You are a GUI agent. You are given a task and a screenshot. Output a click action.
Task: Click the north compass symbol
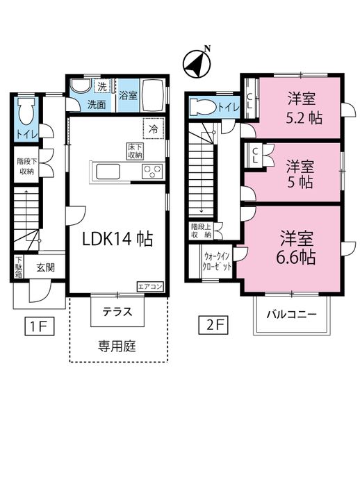[197, 63]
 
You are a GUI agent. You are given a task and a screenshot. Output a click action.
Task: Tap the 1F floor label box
[40, 326]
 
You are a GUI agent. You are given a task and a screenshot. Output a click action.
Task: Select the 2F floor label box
[213, 325]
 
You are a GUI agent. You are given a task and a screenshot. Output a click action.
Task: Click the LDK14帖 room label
[117, 238]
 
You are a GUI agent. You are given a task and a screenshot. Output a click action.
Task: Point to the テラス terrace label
[117, 311]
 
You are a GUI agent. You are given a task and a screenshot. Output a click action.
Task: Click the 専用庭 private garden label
[117, 346]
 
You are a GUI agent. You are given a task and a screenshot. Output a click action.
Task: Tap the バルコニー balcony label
[292, 315]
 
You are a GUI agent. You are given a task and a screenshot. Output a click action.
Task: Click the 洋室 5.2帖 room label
[304, 108]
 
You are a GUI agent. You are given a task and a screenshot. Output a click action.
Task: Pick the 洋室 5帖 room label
[300, 174]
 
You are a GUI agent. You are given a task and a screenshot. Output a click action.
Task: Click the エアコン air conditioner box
[150, 286]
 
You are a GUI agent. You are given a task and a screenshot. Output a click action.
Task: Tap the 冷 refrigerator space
[154, 128]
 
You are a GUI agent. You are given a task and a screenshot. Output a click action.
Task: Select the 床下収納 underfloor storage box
[135, 151]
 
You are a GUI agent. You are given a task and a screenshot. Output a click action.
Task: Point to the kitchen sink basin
[108, 172]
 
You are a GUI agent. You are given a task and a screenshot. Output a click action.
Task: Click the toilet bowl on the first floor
[26, 111]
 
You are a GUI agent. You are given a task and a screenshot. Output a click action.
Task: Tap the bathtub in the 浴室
[153, 95]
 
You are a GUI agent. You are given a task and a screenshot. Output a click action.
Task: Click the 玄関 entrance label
[46, 267]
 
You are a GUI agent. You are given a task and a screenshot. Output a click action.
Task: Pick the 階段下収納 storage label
[27, 166]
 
